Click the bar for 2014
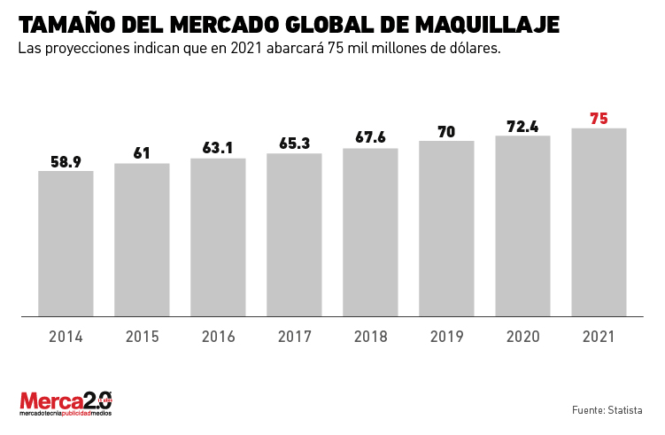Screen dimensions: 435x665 pyautogui.click(x=66, y=243)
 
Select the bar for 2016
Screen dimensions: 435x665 pyautogui.click(x=218, y=237)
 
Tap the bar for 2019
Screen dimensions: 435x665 pyautogui.click(x=446, y=228)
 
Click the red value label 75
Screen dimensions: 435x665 pyautogui.click(x=599, y=118)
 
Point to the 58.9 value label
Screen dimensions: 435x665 pyautogui.click(x=66, y=161)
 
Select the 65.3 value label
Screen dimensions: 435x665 pyautogui.click(x=294, y=143)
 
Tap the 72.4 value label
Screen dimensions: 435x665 pyautogui.click(x=522, y=126)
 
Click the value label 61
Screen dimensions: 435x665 pyautogui.click(x=142, y=153)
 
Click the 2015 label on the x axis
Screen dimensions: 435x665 pyautogui.click(x=142, y=337)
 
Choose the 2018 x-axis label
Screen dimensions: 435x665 pyautogui.click(x=370, y=337)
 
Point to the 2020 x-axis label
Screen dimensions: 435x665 pyautogui.click(x=522, y=337)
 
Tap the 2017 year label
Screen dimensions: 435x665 pyautogui.click(x=294, y=337)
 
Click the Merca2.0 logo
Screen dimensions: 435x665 pyautogui.click(x=66, y=403)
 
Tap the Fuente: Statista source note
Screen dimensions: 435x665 pyautogui.click(x=607, y=409)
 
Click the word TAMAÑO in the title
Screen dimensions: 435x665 pyautogui.click(x=64, y=24)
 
